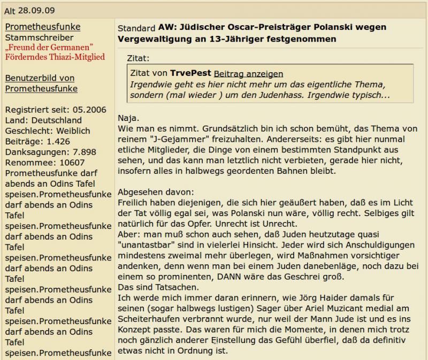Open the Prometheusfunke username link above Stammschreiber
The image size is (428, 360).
(x=43, y=27)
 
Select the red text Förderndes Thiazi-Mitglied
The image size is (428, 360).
(x=55, y=57)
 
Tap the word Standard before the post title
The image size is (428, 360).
(x=136, y=28)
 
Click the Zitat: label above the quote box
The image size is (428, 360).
(x=139, y=58)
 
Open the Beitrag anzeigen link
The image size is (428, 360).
(x=248, y=74)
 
